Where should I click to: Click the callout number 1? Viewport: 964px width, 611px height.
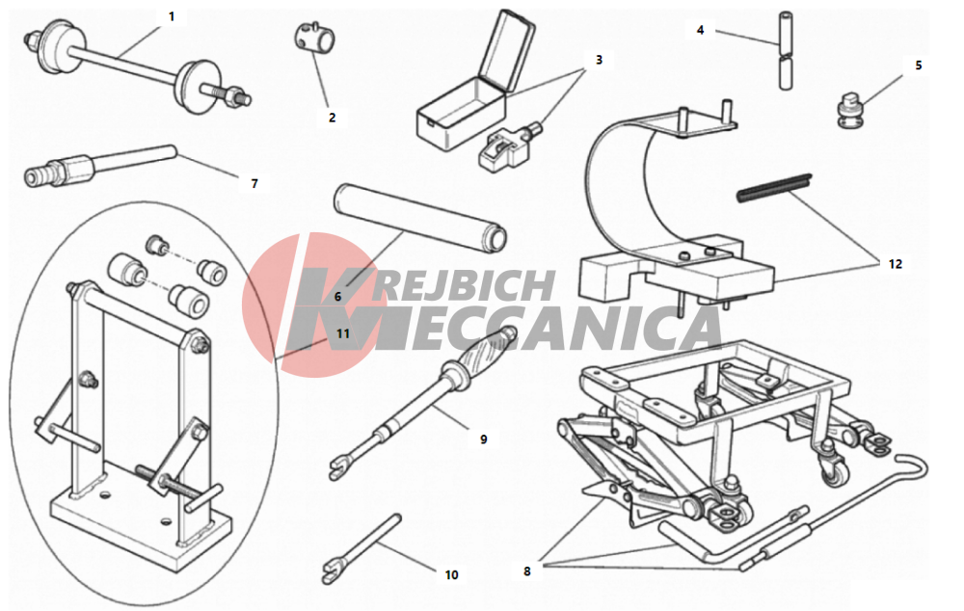pyautogui.click(x=172, y=16)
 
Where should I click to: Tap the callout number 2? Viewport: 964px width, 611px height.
pyautogui.click(x=332, y=118)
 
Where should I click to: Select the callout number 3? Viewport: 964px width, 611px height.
pyautogui.click(x=599, y=60)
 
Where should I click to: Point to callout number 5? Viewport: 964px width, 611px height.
pyautogui.click(x=919, y=66)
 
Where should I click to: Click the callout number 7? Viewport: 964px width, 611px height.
pyautogui.click(x=254, y=183)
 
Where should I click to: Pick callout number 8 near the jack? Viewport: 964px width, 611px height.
pyautogui.click(x=527, y=571)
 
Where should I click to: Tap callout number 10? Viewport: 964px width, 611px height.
pyautogui.click(x=452, y=574)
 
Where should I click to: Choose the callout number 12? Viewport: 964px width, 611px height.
pyautogui.click(x=896, y=264)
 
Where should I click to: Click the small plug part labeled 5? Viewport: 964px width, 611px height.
pyautogui.click(x=849, y=110)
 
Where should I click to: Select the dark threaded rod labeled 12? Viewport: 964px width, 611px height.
pyautogui.click(x=775, y=188)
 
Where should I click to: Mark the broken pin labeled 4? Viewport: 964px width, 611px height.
pyautogui.click(x=787, y=50)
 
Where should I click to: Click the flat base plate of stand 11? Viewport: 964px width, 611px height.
pyautogui.click(x=143, y=517)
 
